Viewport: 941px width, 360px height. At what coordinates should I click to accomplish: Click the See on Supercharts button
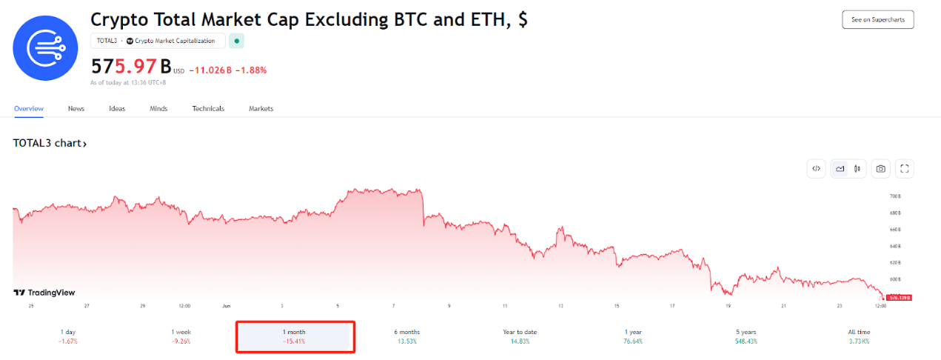877,20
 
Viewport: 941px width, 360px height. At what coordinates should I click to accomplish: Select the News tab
76,109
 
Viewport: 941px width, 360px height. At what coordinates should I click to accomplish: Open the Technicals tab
208,109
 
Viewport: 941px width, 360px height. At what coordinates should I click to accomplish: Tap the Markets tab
261,109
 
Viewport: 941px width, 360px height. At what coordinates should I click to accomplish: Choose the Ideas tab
117,109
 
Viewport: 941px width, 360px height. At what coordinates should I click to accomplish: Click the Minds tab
158,109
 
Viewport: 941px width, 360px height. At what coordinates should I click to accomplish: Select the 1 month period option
294,336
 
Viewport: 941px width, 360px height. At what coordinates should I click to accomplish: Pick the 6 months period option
406,336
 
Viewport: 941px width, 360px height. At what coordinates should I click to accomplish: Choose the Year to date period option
519,336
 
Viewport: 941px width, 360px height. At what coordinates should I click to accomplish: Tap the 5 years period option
746,336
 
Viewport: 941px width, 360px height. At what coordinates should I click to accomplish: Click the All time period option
859,336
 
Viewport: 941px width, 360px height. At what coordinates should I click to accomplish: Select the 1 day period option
68,336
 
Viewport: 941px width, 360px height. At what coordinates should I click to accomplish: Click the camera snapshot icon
880,169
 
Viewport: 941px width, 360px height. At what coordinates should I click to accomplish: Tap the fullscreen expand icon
904,169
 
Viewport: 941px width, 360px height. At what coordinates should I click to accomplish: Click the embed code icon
816,169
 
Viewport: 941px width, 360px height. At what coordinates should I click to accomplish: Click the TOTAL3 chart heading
50,144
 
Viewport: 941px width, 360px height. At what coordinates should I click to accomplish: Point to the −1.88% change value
251,70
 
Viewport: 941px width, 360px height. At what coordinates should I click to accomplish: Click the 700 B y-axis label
895,196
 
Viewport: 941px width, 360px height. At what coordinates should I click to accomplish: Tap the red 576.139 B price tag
899,297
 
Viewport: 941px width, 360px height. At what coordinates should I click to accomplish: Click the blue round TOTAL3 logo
45,47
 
